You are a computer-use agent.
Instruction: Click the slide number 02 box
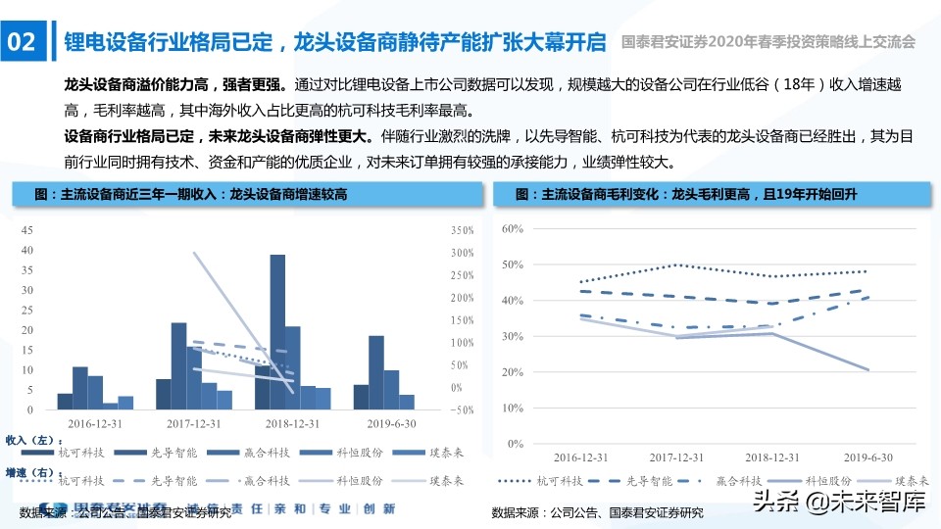pyautogui.click(x=23, y=42)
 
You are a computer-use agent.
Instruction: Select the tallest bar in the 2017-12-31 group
pyautogui.click(x=178, y=365)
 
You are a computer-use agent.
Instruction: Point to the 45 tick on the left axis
pyautogui.click(x=26, y=230)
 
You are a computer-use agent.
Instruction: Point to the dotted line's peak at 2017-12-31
pyautogui.click(x=676, y=264)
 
